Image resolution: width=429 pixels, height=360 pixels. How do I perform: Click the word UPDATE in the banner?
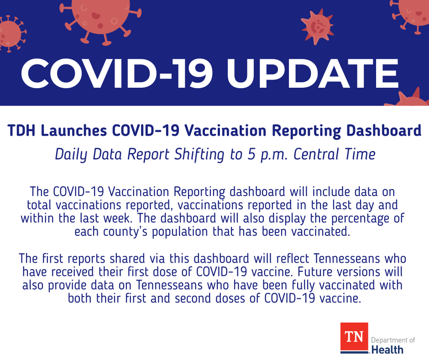[x=313, y=74]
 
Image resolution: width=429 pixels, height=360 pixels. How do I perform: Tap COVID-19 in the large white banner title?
[x=116, y=74]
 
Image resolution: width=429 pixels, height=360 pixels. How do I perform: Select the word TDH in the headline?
[x=21, y=131]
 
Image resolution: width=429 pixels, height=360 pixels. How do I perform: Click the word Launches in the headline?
[x=74, y=131]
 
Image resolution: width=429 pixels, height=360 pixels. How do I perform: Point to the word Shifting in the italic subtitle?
[x=199, y=154]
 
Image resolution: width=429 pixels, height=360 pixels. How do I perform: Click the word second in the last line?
[x=193, y=298]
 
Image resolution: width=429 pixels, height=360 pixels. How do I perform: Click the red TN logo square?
[x=354, y=337]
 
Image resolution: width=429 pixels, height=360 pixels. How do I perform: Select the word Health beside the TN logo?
[x=387, y=350]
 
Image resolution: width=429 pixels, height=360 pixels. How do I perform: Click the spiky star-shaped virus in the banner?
[x=317, y=26]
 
